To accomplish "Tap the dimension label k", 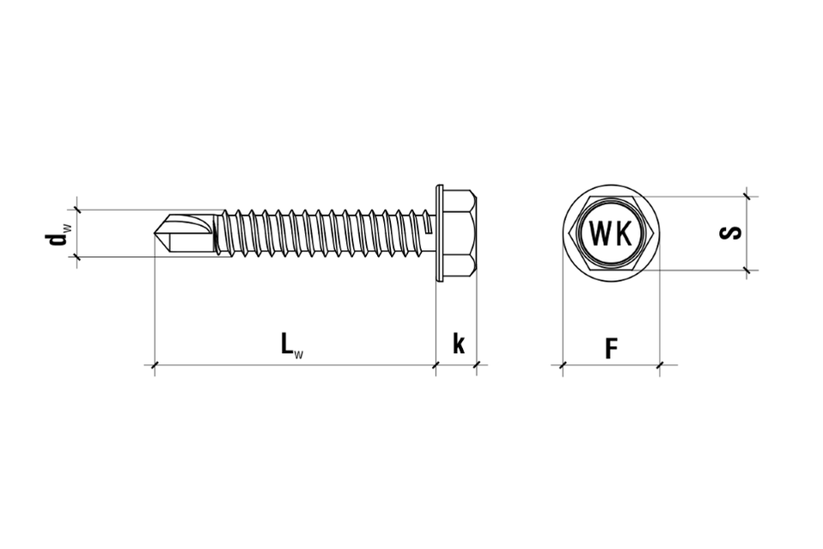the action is [459, 344].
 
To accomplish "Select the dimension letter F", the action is [611, 349].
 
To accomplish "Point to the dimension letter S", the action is [730, 233].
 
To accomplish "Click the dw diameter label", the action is [58, 235].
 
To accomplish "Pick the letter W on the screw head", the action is [600, 234].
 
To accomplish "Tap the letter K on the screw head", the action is [623, 234].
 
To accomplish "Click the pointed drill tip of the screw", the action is [155, 233].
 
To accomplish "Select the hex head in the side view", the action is [460, 233].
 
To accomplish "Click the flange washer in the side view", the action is [440, 233].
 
